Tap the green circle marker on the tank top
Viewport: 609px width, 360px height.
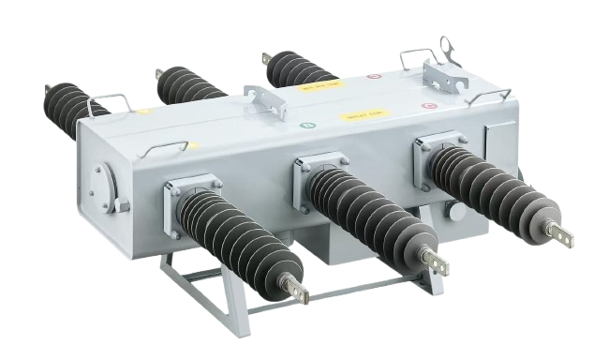tap(304, 124)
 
